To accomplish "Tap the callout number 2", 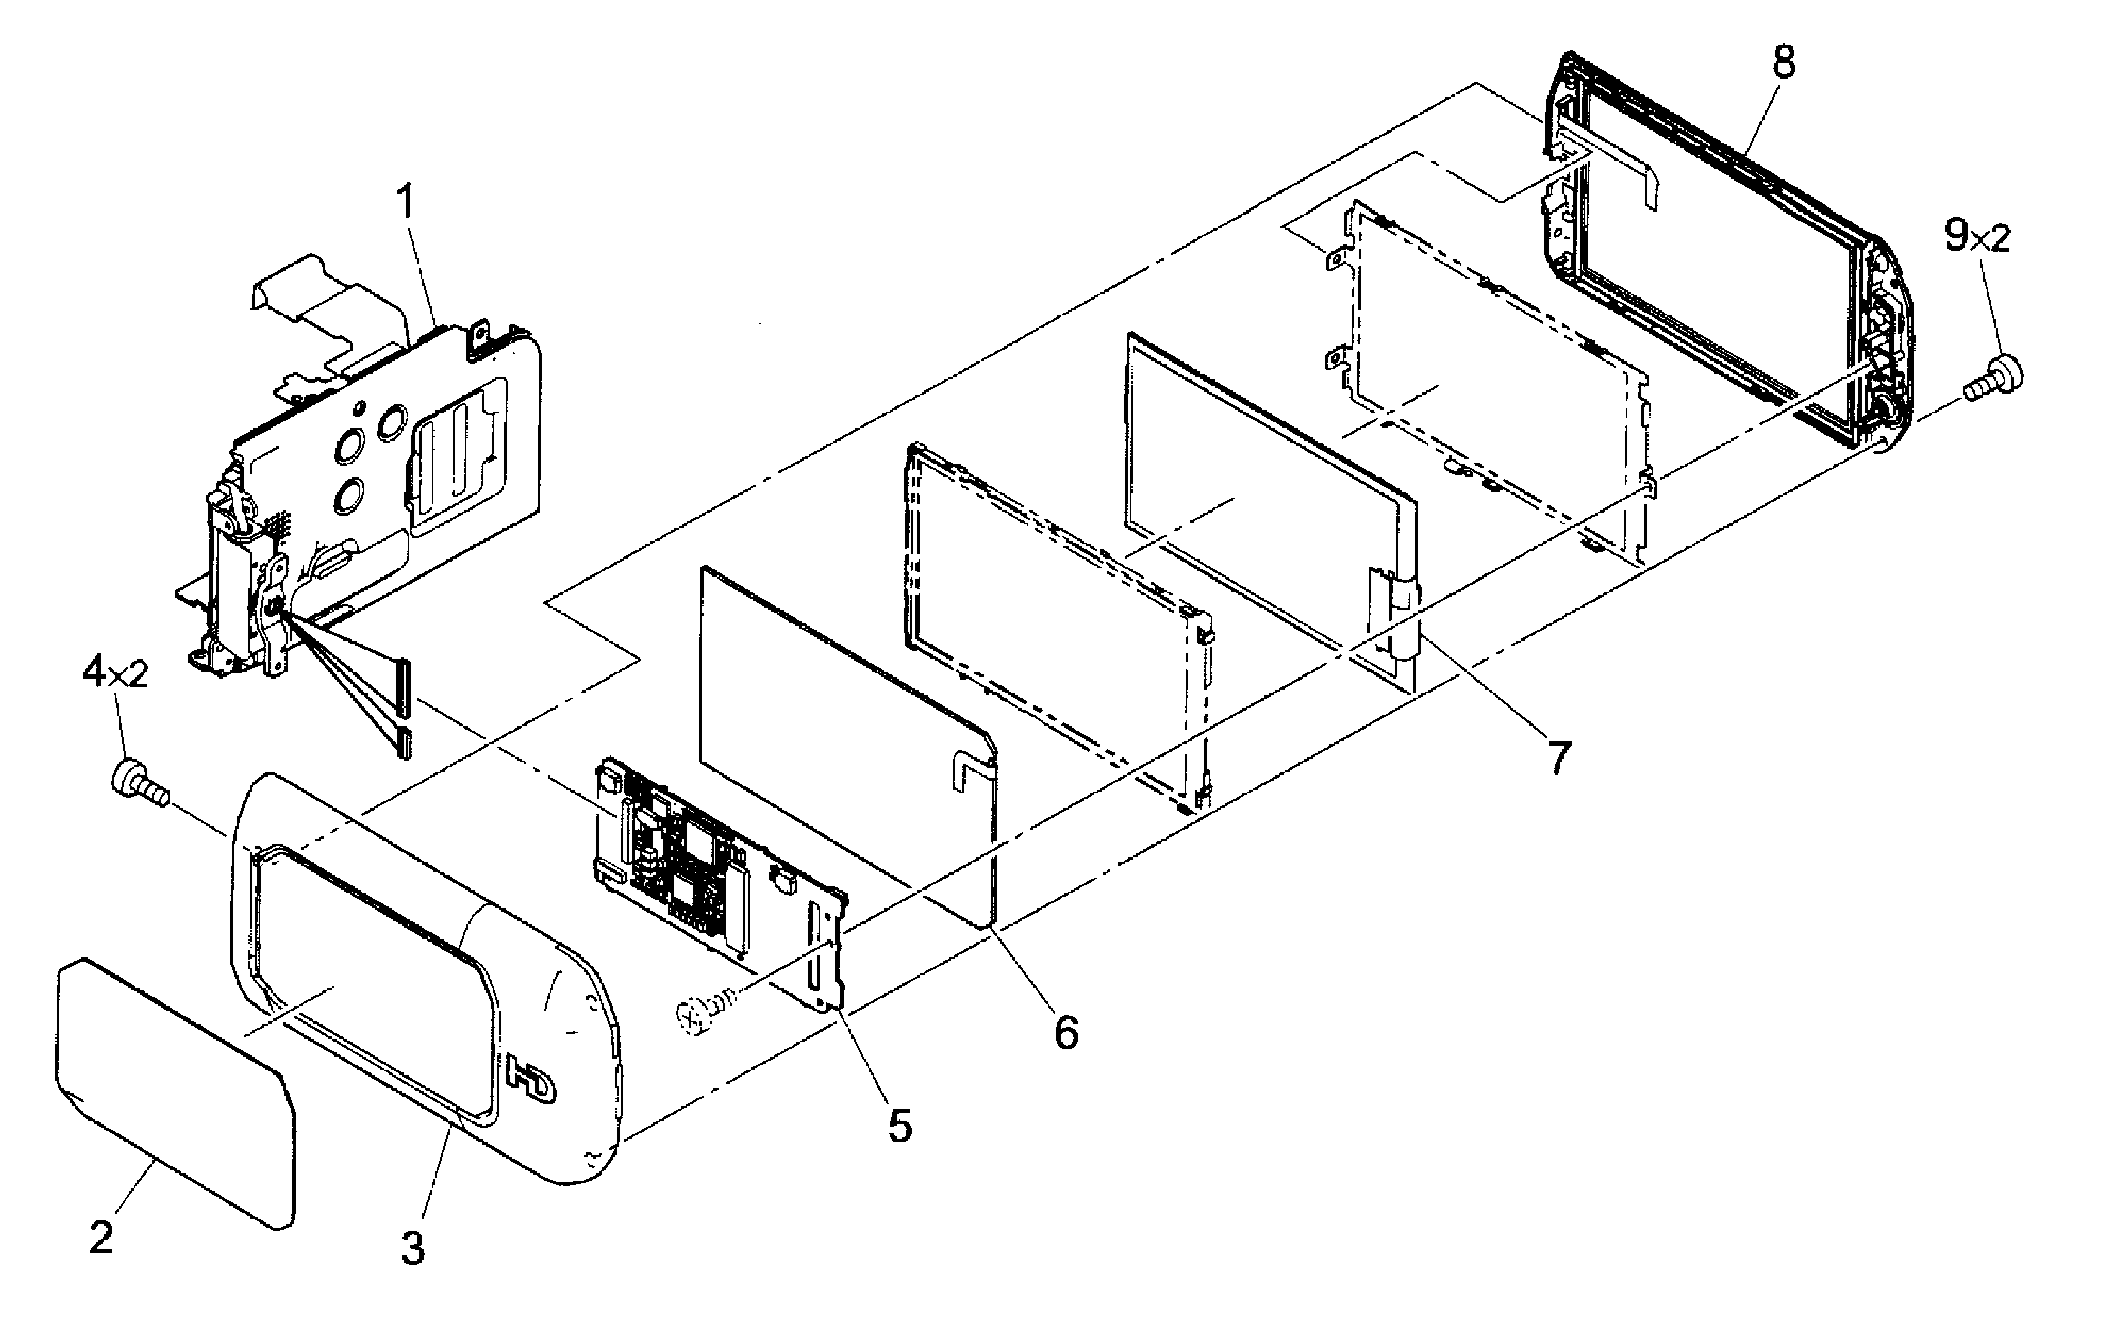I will coord(102,1237).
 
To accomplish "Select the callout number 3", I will coord(413,1248).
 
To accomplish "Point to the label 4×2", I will coord(115,674).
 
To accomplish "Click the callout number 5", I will coord(900,1124).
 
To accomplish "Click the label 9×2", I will coord(1977,237).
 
